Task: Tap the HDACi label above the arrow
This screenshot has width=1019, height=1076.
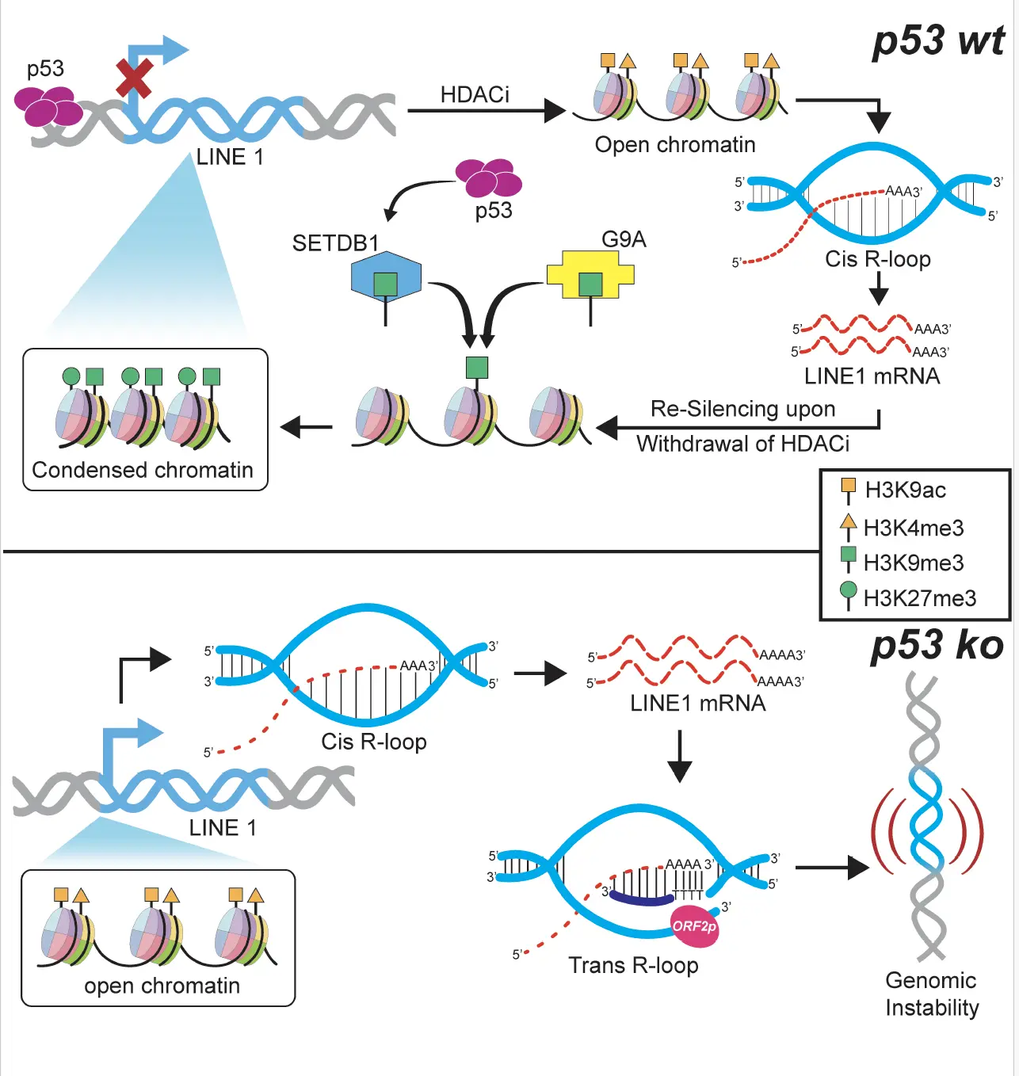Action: coord(475,94)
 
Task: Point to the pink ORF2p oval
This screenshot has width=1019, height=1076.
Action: coord(695,926)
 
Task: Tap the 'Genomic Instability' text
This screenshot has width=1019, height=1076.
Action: coord(932,994)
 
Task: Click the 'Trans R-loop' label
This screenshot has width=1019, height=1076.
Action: coord(633,965)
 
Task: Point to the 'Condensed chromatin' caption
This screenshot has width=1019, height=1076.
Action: coord(143,470)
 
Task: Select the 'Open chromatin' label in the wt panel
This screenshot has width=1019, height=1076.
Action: coord(675,144)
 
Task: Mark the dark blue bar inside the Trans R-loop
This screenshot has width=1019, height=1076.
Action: coord(642,899)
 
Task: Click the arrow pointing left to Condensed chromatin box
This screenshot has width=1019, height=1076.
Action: coord(307,427)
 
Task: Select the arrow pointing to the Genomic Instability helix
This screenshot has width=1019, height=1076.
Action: coord(832,868)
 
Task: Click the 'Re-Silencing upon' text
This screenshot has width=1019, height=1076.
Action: coord(742,409)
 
